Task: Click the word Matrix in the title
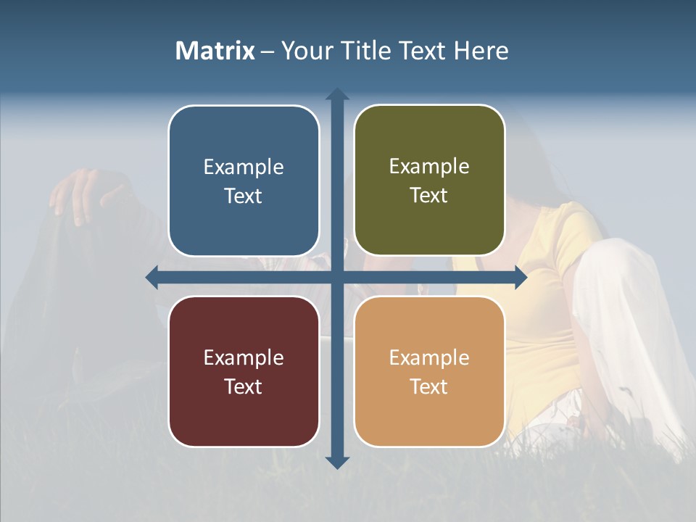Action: pyautogui.click(x=215, y=51)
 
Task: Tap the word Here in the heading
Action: pyautogui.click(x=481, y=51)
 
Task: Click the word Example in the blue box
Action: pyautogui.click(x=244, y=167)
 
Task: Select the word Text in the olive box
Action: pyautogui.click(x=428, y=196)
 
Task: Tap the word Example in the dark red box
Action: pyautogui.click(x=244, y=358)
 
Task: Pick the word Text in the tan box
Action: pyautogui.click(x=428, y=386)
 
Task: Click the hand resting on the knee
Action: pyautogui.click(x=80, y=190)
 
